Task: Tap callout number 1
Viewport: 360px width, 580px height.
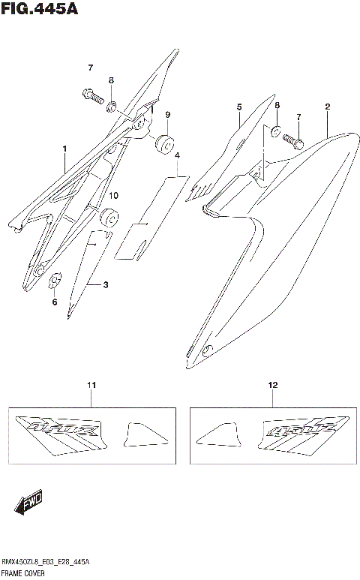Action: [x=65, y=149]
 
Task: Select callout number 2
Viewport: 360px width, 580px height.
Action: [x=328, y=107]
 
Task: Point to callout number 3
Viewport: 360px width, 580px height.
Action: [x=106, y=285]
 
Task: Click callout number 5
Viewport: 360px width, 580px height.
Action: [x=238, y=107]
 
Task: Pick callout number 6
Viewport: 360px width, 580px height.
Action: [x=54, y=302]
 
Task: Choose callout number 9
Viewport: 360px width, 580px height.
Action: [x=168, y=114]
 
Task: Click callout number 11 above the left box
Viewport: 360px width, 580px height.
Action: [x=91, y=385]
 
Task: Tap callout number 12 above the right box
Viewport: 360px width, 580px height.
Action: [x=273, y=385]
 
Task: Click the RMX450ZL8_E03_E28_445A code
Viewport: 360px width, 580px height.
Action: [x=45, y=563]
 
